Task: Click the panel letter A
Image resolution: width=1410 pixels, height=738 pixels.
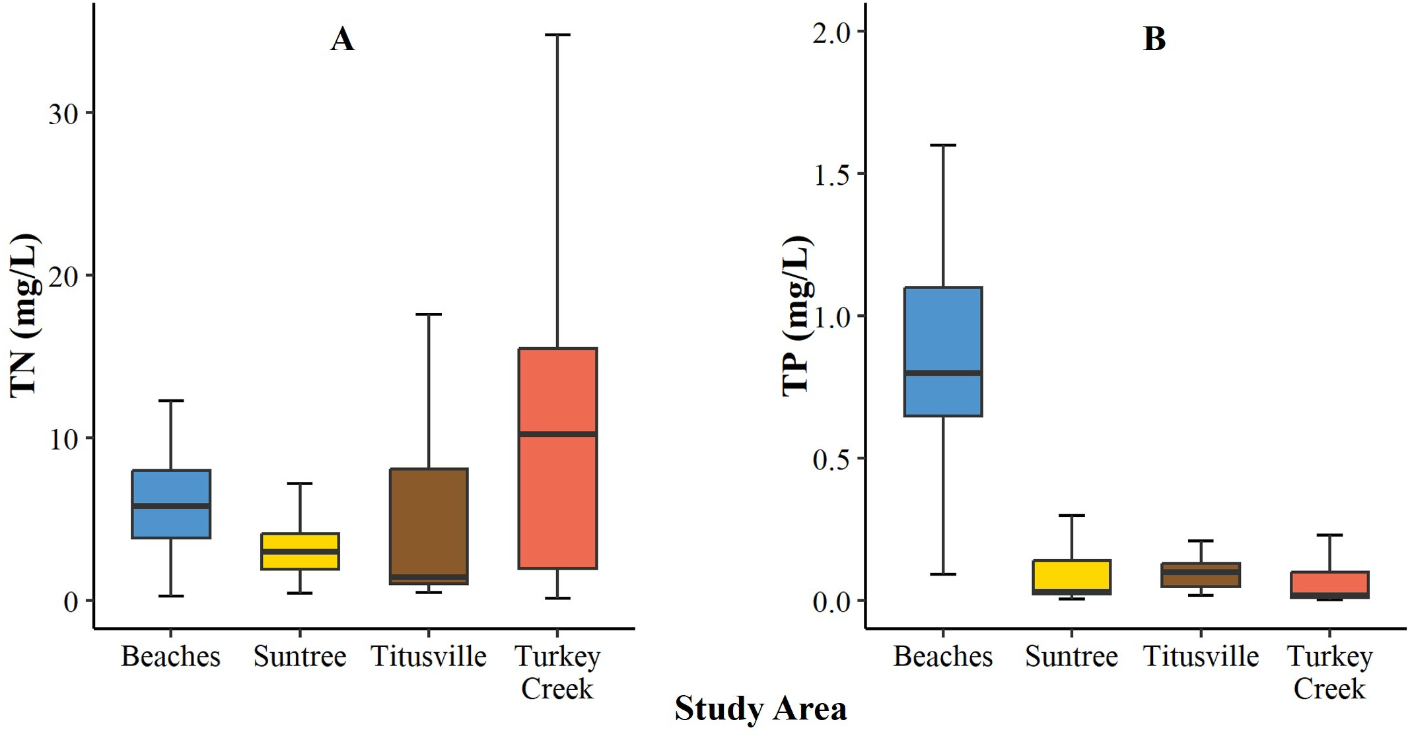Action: pyautogui.click(x=342, y=39)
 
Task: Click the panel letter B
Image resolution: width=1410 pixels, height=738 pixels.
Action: pyautogui.click(x=1154, y=39)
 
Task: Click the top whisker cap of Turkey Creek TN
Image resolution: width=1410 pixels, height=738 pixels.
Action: pyautogui.click(x=557, y=35)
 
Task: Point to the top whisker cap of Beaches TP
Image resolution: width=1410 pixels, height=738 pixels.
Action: pyautogui.click(x=942, y=145)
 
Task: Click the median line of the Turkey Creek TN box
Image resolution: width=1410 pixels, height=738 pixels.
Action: pyautogui.click(x=557, y=434)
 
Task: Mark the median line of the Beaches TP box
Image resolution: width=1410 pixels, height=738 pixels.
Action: pyautogui.click(x=942, y=373)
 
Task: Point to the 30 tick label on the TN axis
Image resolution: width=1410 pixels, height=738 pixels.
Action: pyautogui.click(x=63, y=114)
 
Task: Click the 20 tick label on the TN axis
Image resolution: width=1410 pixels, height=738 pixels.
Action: pyautogui.click(x=63, y=277)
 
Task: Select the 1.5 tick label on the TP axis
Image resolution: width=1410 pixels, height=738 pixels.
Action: pyautogui.click(x=831, y=176)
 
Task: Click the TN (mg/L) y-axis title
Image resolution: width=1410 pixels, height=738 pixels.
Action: pyautogui.click(x=25, y=316)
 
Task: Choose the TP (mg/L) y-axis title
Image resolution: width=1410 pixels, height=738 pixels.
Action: pyautogui.click(x=796, y=316)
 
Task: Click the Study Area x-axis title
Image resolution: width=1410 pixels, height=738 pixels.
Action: pyautogui.click(x=760, y=709)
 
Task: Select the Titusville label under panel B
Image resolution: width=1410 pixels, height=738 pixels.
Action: pyautogui.click(x=1200, y=656)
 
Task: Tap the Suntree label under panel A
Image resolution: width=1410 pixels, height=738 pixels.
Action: pyautogui.click(x=300, y=656)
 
